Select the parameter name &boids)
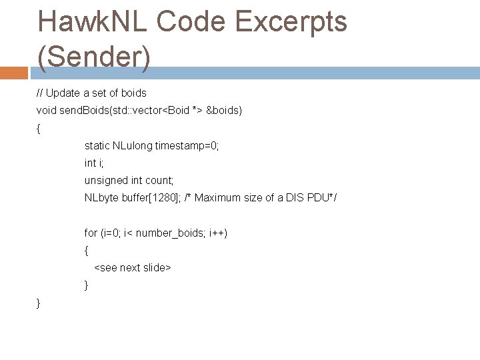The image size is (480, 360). click(x=225, y=110)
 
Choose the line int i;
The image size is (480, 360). click(x=94, y=163)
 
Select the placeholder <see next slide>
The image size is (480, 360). click(x=133, y=267)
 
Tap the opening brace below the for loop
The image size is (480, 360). click(x=86, y=251)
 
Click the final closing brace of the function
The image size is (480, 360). click(x=38, y=303)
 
